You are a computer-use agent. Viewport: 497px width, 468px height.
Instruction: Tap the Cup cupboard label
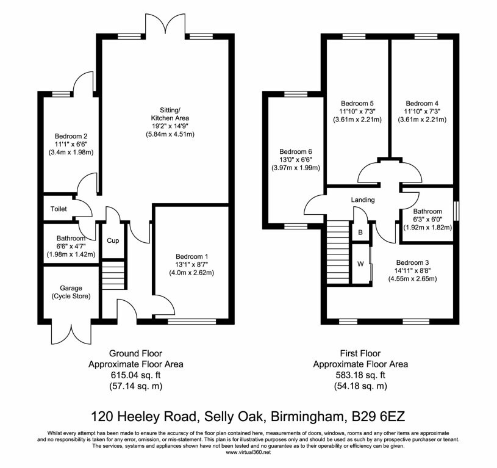pos(113,240)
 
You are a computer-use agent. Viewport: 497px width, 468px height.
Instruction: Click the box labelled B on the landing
pos(360,232)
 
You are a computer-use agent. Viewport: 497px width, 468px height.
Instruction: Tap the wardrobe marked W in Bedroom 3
pos(360,265)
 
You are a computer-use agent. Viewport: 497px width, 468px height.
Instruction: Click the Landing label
pos(362,200)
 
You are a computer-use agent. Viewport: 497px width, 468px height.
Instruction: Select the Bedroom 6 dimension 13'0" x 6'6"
pos(296,160)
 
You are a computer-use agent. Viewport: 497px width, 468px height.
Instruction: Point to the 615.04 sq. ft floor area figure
pos(136,375)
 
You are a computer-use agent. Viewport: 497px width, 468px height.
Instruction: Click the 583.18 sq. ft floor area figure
pos(360,375)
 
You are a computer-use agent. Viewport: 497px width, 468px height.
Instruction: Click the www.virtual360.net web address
pos(248,452)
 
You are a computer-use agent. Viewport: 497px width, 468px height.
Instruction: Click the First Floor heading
pos(360,353)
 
